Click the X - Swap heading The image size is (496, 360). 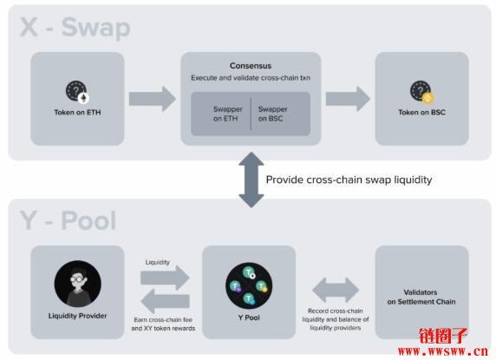tap(75, 28)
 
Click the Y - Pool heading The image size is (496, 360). tap(68, 220)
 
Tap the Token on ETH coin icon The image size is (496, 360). tap(77, 92)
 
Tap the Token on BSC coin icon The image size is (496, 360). tap(422, 92)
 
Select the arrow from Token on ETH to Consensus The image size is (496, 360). tap(153, 99)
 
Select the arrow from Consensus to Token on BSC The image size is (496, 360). tap(348, 99)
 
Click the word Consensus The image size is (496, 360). tap(251, 66)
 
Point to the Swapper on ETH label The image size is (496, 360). tap(228, 114)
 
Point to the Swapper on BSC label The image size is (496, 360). tap(272, 114)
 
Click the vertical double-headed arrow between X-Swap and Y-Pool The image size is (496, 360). tap(251, 180)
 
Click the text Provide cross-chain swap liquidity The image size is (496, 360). tap(349, 180)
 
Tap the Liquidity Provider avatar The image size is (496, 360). tap(78, 284)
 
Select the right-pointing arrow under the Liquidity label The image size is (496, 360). tap(165, 278)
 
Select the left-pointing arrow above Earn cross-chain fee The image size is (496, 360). tap(165, 301)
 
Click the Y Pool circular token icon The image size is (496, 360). tap(249, 285)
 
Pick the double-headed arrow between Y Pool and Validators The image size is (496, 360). tap(336, 290)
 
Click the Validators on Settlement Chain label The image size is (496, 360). tap(421, 297)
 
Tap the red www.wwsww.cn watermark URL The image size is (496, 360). tap(443, 351)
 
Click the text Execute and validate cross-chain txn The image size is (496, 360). tap(251, 78)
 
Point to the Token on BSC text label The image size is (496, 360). tap(422, 112)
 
